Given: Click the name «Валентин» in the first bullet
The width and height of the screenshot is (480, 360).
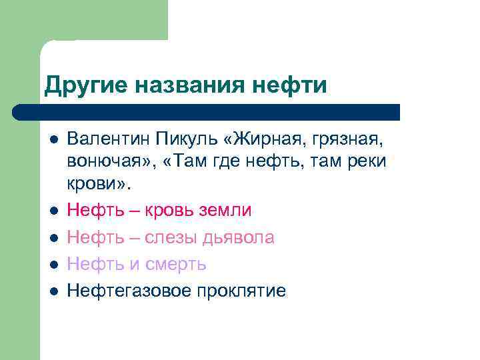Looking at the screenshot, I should [107, 140].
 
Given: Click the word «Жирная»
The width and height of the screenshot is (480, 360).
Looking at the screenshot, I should [273, 141].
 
